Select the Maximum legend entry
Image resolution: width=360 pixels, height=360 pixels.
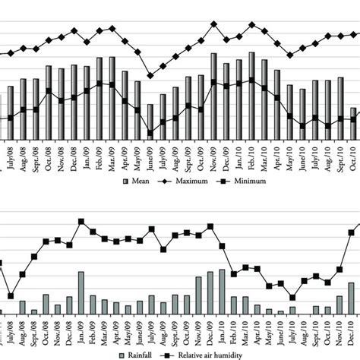click(x=180, y=183)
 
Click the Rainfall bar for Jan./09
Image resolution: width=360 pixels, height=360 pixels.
click(x=81, y=292)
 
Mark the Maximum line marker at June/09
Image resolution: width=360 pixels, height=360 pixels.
click(x=150, y=76)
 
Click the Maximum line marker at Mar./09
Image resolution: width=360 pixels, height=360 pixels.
click(x=112, y=28)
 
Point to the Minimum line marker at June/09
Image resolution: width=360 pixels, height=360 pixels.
click(x=150, y=133)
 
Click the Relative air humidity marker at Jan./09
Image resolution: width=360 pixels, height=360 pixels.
click(x=81, y=222)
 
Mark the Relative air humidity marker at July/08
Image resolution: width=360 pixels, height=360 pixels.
click(x=11, y=295)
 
